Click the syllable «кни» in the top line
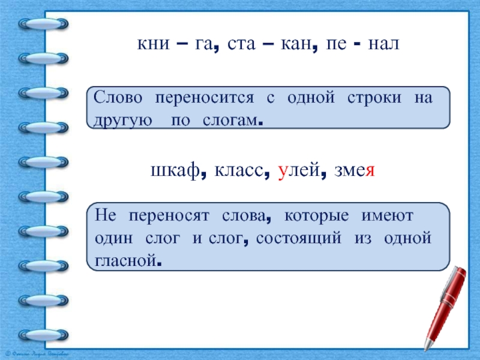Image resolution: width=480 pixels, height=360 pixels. [153, 43]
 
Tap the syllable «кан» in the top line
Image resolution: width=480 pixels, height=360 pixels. [296, 43]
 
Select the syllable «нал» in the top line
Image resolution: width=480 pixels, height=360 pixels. [383, 43]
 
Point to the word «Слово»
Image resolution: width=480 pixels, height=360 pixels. [118, 97]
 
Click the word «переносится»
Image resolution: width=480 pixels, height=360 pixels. [205, 98]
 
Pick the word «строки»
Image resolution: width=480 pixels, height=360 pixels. [374, 98]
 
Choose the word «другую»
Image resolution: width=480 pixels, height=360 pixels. [122, 121]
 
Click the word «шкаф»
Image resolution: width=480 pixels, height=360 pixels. [175, 170]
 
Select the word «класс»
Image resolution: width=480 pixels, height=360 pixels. [239, 170]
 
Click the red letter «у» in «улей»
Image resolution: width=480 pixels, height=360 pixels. [282, 172]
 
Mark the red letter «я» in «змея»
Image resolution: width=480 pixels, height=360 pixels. [370, 171]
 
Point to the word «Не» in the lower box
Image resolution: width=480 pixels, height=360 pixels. [106, 215]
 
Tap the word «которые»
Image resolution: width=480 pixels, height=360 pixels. [317, 216]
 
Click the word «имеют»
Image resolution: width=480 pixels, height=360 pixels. [387, 216]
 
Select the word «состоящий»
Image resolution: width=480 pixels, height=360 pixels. [298, 238]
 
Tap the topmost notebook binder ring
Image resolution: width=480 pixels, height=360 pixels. [43, 24]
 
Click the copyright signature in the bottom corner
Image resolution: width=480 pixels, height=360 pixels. [37, 354]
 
